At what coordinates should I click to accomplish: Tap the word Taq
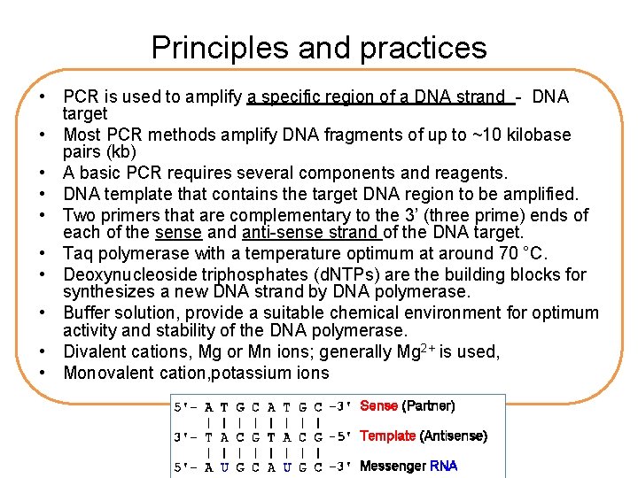click(79, 254)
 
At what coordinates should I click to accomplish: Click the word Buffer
click(87, 312)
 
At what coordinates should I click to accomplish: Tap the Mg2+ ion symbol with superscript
click(409, 351)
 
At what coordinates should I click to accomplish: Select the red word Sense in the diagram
click(378, 406)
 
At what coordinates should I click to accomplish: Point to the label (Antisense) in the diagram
click(453, 436)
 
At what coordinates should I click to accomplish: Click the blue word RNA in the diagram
click(443, 466)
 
